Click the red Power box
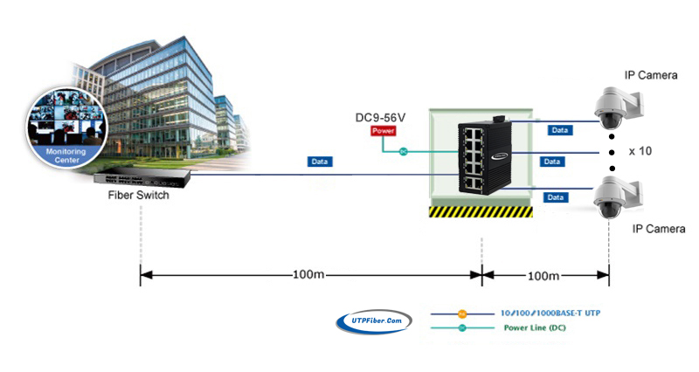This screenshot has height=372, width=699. click(x=384, y=131)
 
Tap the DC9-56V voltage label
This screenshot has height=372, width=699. click(x=380, y=116)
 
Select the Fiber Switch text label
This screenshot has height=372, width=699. click(x=139, y=195)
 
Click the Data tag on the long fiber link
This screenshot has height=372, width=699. click(x=320, y=162)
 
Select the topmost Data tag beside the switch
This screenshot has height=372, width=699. click(x=559, y=130)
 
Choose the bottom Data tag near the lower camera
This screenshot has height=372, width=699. click(x=555, y=197)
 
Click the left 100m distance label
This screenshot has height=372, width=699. click(x=308, y=275)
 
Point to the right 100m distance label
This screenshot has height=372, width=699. click(x=543, y=275)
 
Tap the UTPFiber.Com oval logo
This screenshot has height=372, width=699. click(x=374, y=322)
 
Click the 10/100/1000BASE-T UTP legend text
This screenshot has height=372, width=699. click(x=551, y=313)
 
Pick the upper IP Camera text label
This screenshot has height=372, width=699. click(x=651, y=76)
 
